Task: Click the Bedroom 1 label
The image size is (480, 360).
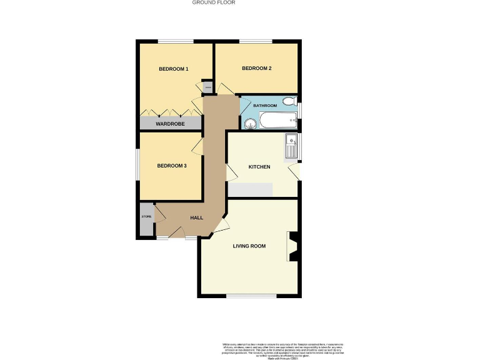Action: point(173,69)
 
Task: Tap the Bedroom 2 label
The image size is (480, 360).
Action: point(256,68)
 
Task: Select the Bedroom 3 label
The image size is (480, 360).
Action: point(172,166)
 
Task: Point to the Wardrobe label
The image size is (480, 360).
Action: point(170,124)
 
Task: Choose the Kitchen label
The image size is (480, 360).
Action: point(259,167)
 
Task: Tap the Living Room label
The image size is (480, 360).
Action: point(249,246)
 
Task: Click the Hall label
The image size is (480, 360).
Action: point(197,217)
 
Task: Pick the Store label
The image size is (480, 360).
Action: point(146,216)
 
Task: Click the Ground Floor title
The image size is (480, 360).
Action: point(213,2)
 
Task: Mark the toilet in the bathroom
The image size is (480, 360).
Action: point(289,101)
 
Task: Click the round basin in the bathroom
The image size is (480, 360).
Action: point(250,122)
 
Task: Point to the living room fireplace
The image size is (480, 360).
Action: point(292,246)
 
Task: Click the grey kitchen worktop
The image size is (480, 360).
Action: point(251,190)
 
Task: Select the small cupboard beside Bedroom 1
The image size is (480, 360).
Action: point(207,87)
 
